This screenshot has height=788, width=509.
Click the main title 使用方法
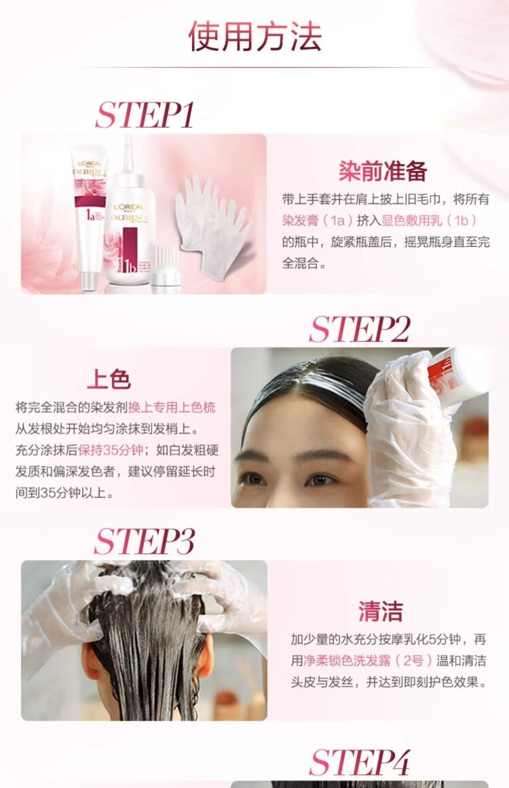coord(254,36)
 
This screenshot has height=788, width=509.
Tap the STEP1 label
coord(145,115)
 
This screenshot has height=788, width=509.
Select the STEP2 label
coord(360,329)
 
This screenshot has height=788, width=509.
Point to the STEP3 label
coord(144,542)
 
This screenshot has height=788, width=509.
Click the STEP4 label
coord(360,762)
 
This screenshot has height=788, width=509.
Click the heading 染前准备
coord(383,171)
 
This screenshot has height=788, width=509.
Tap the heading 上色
coord(109,379)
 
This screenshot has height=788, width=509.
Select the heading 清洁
coord(380,612)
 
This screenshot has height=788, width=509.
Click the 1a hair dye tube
coord(90,219)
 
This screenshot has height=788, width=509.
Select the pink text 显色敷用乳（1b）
coord(430,220)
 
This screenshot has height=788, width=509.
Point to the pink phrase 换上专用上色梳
coord(172,407)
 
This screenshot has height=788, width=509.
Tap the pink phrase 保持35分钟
coord(111,450)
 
